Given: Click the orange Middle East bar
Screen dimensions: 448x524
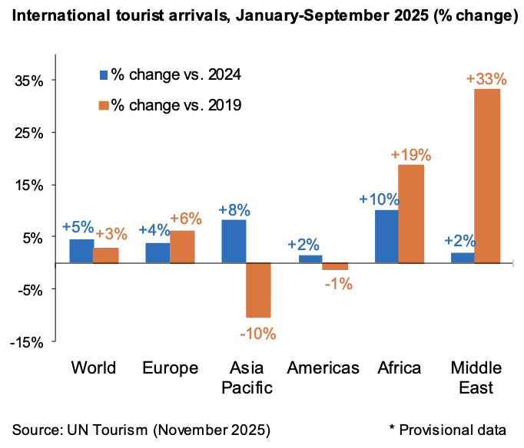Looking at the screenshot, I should point(487,176).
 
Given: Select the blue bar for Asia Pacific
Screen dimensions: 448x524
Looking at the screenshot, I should point(234,241).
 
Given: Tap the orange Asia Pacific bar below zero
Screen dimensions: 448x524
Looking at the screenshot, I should point(258,290).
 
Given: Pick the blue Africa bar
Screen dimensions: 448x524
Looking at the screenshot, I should point(386,236).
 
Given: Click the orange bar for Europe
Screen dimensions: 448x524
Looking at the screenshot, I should point(182,246).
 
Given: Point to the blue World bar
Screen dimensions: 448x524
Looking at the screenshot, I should point(81,251).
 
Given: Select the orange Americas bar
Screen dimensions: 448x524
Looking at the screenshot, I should point(335,266).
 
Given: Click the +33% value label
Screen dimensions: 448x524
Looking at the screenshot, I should point(486,79).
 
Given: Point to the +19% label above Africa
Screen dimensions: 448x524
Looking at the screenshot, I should point(411,154).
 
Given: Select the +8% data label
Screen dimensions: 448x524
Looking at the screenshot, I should point(234,209).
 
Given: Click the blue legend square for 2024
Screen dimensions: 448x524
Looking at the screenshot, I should point(103,74).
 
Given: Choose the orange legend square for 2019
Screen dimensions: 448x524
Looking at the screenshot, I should point(103,104).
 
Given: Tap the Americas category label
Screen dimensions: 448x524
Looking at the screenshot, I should point(323,368).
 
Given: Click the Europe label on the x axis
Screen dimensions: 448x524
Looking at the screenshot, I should point(170,368).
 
